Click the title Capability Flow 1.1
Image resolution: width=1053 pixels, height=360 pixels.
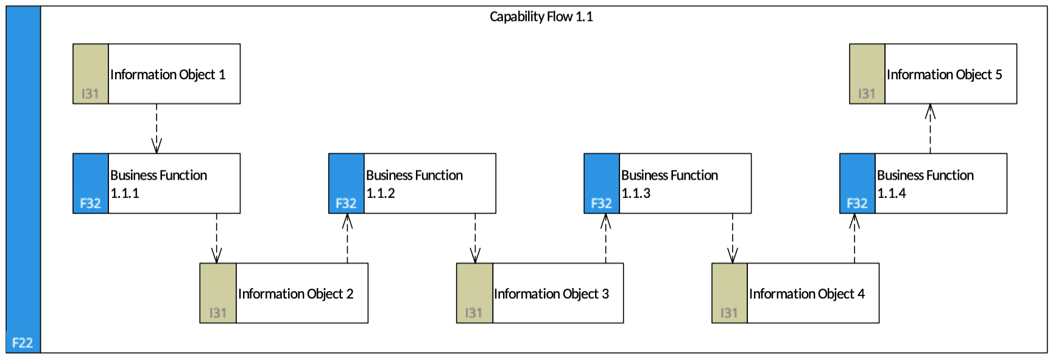coord(541,17)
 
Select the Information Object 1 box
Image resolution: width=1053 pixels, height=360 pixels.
coord(157,74)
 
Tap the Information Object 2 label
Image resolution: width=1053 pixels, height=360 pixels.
coord(295,294)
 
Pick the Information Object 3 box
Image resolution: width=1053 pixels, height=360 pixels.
coord(540,293)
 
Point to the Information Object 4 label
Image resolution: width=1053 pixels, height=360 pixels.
coord(807,294)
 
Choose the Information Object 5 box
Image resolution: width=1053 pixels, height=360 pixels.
coord(933,74)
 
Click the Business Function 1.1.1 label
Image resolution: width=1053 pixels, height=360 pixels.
coord(158,184)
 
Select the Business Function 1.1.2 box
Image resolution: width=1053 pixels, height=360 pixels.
coord(412,183)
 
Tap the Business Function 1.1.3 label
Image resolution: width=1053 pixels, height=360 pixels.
coord(669,184)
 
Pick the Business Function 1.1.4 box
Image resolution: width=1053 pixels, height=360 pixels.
coord(923,183)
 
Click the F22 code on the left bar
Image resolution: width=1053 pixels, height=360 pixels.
coord(23,342)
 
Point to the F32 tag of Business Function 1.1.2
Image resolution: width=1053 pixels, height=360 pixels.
coord(346,203)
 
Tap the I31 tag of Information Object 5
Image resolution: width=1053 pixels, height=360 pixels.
coord(867,94)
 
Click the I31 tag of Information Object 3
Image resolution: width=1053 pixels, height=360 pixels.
coord(474,313)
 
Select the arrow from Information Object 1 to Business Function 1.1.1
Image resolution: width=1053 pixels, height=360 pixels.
coord(157,129)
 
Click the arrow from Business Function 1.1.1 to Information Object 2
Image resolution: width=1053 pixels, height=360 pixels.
coord(217,238)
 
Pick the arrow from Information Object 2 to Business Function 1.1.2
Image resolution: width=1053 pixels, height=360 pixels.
coord(347,238)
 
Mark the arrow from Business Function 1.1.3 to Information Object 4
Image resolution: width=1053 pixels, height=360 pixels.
coord(733,238)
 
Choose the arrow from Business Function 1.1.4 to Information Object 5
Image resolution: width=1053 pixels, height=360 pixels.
coord(930,129)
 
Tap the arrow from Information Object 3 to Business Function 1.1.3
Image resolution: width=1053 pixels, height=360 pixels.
coord(605,238)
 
